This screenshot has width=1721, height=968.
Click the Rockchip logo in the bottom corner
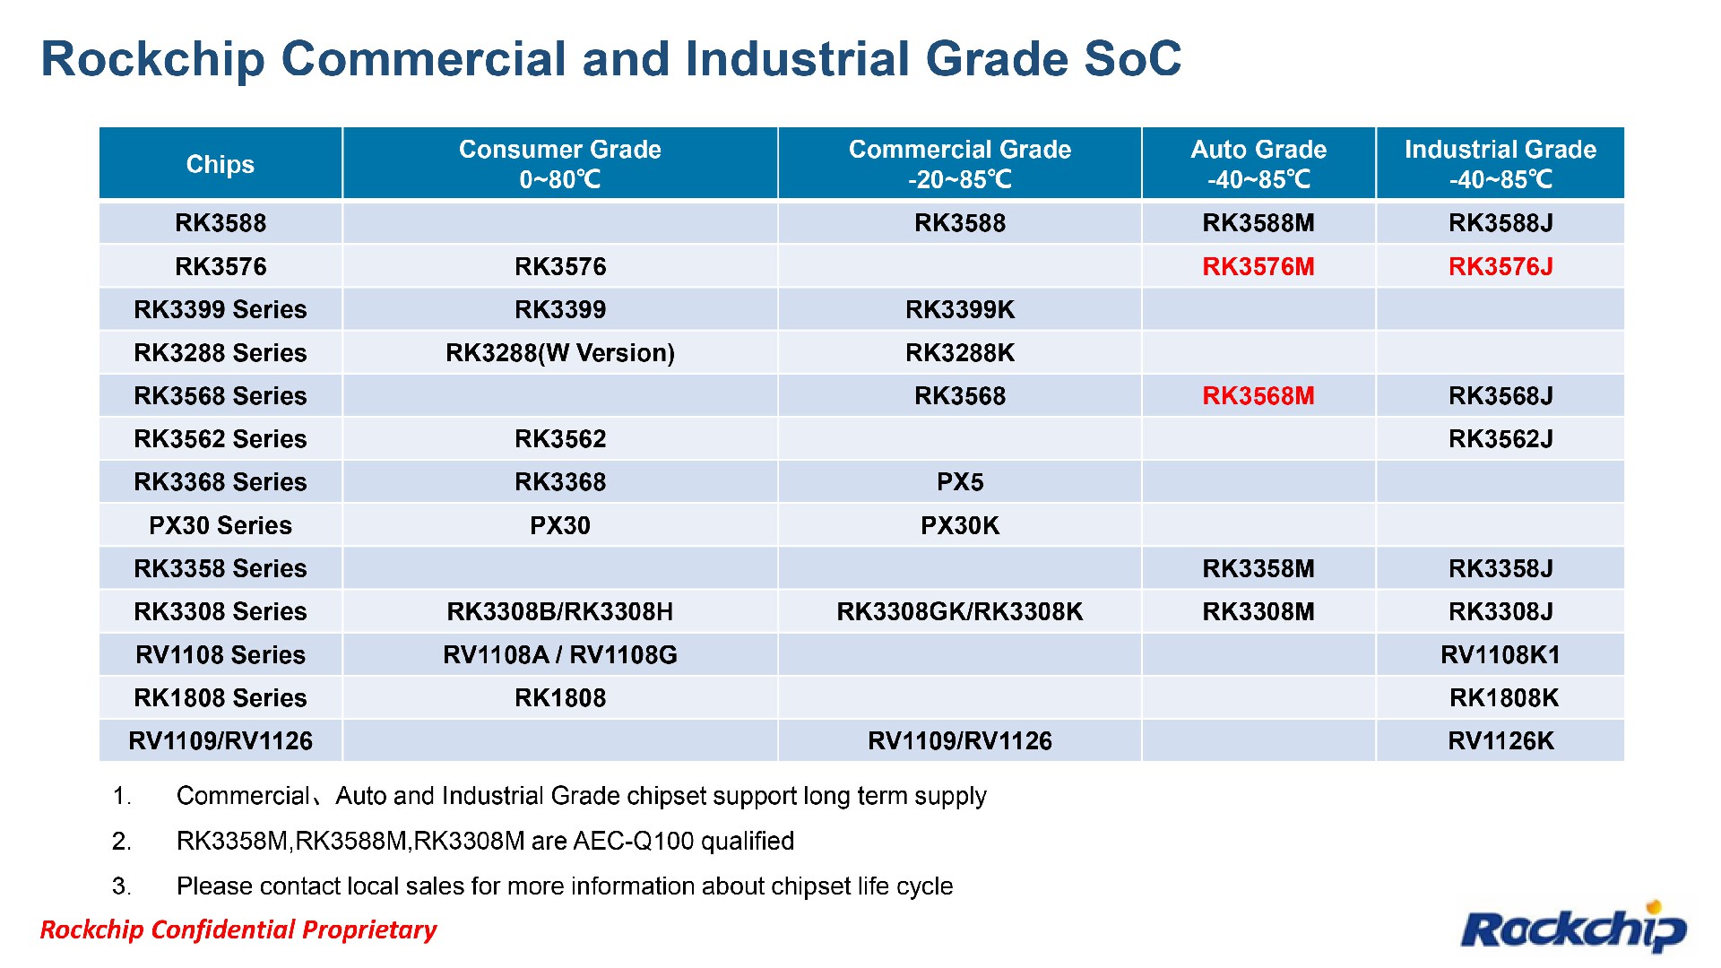tap(1573, 928)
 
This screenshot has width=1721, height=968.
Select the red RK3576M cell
tap(1258, 266)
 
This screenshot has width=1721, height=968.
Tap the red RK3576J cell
tap(1500, 266)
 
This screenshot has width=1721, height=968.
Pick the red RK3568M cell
tap(1258, 395)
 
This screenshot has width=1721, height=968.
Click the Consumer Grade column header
tap(559, 163)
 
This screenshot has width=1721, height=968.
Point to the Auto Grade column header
tap(1258, 163)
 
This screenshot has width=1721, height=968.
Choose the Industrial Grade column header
tap(1500, 163)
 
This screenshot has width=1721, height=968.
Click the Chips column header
tap(220, 164)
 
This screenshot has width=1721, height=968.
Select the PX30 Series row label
tap(220, 525)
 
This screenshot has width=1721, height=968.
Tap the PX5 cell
tap(959, 482)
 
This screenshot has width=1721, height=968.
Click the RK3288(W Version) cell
tap(559, 353)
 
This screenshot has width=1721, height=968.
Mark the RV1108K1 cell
tap(1500, 655)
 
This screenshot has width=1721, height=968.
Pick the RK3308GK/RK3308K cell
tap(959, 611)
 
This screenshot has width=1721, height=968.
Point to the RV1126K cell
tap(1500, 741)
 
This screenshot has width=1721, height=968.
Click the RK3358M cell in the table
tap(1258, 568)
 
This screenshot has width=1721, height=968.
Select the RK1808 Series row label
tap(220, 698)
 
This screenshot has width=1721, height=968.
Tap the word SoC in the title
tap(1132, 59)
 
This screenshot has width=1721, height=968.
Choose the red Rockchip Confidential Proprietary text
tap(238, 929)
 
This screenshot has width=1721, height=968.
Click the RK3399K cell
tap(959, 309)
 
